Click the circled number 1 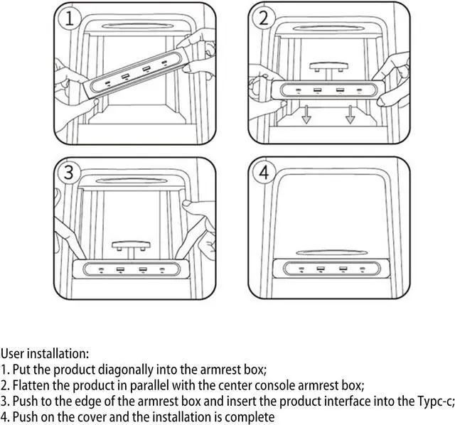(x=70, y=18)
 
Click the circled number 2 (x=264, y=18)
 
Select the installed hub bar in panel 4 (x=329, y=269)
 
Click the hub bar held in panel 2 (x=329, y=91)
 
